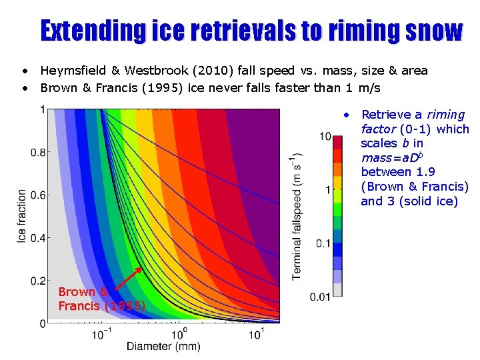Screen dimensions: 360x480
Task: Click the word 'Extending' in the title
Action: click(x=92, y=31)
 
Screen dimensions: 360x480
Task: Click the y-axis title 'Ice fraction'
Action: click(x=21, y=217)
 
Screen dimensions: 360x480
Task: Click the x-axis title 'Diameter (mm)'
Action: click(x=163, y=346)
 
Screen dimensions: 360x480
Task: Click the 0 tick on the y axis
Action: click(x=43, y=323)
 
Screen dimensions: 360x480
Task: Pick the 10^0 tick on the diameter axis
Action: click(x=178, y=333)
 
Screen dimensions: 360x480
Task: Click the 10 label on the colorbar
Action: click(x=325, y=137)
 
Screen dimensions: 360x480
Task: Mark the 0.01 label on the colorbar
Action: click(x=321, y=297)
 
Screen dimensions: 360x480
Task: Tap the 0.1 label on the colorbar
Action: click(x=323, y=243)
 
